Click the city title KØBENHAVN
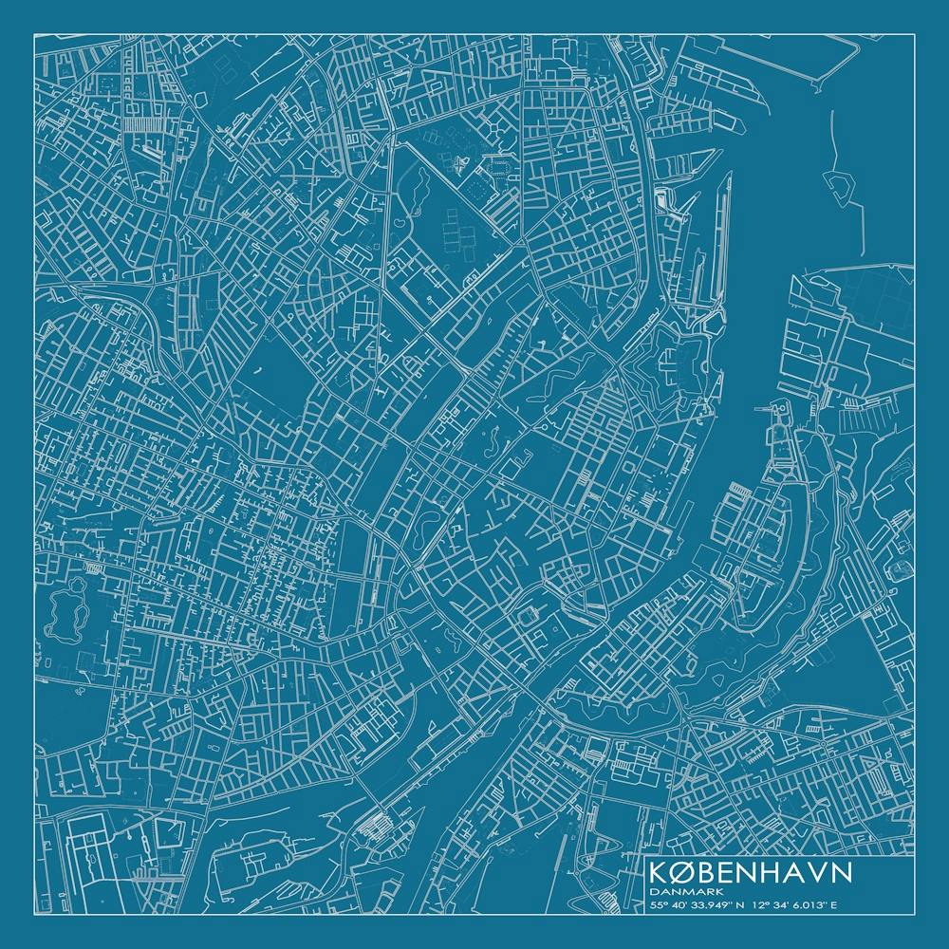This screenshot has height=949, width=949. (x=750, y=872)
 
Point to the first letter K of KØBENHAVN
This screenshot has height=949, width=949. (x=657, y=872)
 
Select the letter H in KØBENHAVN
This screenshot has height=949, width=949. (x=770, y=872)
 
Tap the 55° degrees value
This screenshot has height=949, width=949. (x=657, y=905)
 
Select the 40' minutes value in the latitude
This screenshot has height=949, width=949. (x=678, y=905)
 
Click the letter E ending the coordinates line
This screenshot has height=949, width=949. (x=834, y=905)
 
